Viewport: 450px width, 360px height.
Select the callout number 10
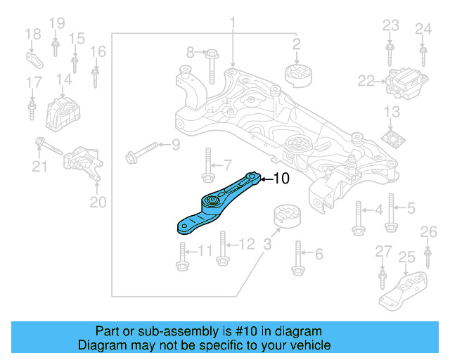[x=281, y=179]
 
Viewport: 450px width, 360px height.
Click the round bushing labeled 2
[x=297, y=73]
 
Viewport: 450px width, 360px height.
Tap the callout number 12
[x=247, y=244]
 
